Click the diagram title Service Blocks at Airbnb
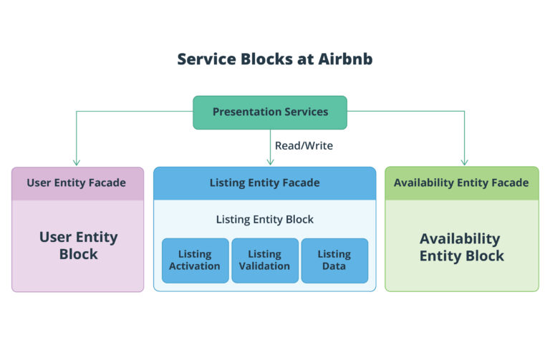275,59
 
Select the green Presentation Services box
270,112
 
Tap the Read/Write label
304,145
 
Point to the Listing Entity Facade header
264,183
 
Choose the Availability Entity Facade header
461,183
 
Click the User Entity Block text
78,245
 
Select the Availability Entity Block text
461,247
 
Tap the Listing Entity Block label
264,220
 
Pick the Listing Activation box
195,260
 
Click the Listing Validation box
264,260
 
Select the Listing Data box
334,260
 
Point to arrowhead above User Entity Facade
77,162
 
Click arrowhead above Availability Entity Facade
464,162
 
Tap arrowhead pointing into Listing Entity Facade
270,162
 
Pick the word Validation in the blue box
264,266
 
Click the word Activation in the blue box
195,266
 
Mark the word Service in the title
204,59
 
